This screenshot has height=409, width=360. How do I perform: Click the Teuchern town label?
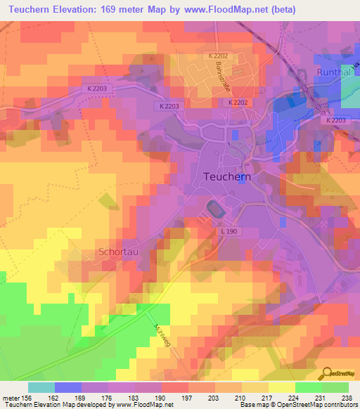pos(226,177)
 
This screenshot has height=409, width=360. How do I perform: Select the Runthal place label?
pos(331,70)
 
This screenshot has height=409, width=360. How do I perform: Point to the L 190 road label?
pos(229,231)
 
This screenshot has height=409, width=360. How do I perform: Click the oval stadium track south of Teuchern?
pos(213,209)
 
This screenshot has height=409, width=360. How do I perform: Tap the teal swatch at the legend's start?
pos(41,387)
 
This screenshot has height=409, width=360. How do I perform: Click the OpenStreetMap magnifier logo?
pos(326,372)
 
